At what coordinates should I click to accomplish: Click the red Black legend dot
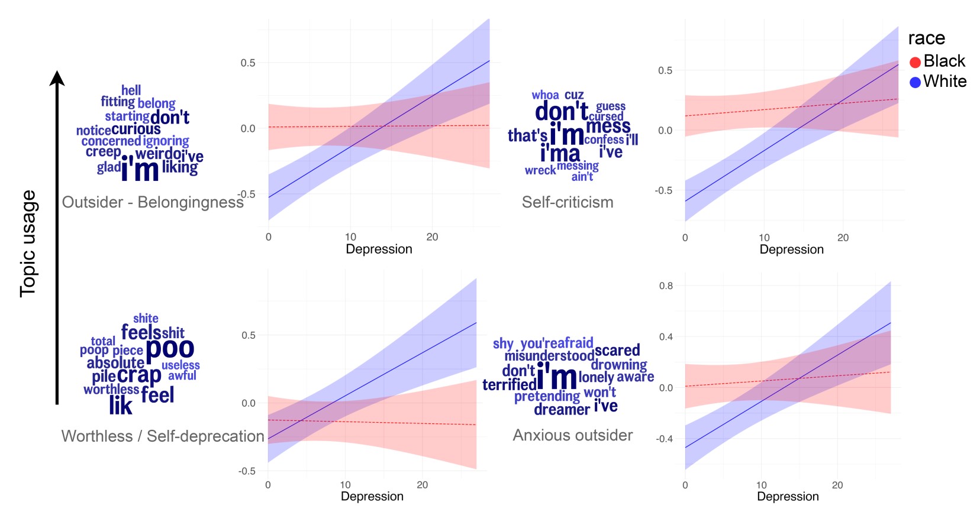(x=915, y=62)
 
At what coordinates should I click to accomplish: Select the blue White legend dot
(x=915, y=82)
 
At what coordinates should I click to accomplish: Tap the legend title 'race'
(x=926, y=38)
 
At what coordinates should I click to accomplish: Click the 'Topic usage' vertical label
(x=28, y=244)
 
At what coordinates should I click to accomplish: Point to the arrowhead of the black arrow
(x=57, y=77)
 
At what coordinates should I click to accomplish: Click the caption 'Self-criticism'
(x=568, y=202)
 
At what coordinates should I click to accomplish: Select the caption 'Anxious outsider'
(x=572, y=435)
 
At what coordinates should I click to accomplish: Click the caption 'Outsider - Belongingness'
(x=153, y=202)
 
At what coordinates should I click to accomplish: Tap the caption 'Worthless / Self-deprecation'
(x=163, y=436)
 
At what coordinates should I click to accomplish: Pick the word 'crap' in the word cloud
(x=139, y=375)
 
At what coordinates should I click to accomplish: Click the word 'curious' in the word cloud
(x=136, y=129)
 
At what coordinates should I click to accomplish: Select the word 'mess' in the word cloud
(x=608, y=126)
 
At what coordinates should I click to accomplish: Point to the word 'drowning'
(x=618, y=364)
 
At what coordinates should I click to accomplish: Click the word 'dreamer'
(x=562, y=409)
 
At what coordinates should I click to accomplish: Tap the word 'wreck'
(x=540, y=170)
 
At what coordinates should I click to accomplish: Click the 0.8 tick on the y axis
(x=666, y=286)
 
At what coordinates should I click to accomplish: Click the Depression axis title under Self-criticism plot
(x=791, y=249)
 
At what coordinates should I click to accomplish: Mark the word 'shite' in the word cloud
(x=146, y=318)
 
